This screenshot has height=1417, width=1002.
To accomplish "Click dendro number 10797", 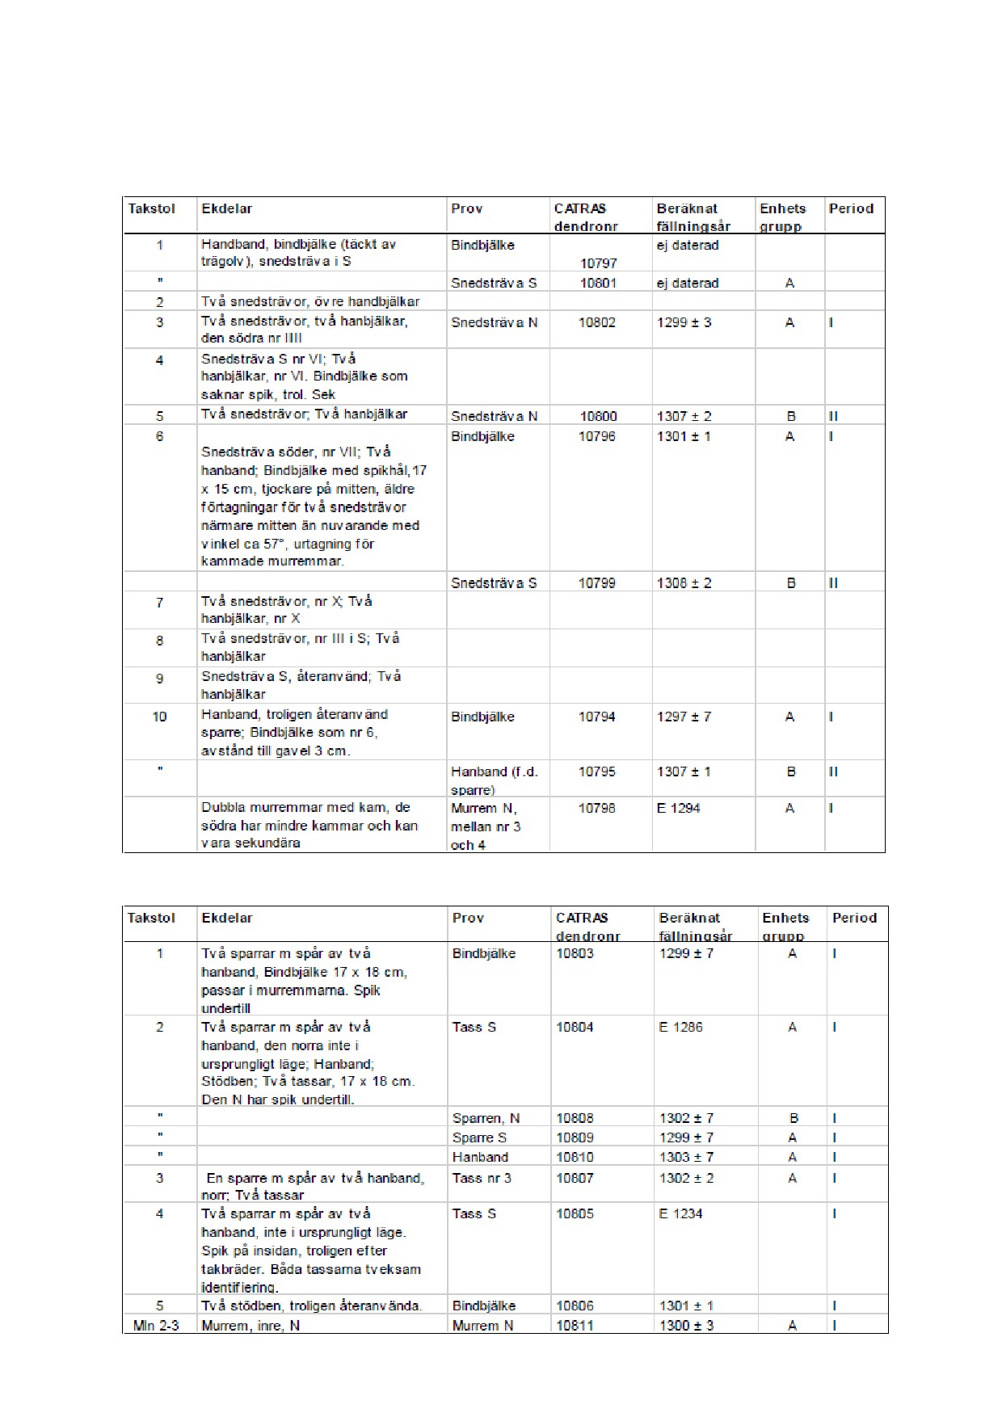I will pos(598,263).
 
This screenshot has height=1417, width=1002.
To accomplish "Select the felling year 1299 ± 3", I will pos(684,322).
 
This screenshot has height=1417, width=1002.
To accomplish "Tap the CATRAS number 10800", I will pos(598,416).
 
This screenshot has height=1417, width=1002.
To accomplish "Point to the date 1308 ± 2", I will pos(684,582).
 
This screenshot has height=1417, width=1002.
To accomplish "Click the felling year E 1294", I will pos(678,808).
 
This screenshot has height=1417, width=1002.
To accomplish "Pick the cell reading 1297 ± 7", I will pos(684,717).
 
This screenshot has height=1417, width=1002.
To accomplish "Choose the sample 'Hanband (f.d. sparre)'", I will pos(494,780).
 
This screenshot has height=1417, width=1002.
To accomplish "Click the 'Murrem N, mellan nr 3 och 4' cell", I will pos(486,826).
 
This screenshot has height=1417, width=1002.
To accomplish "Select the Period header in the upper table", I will pos(851,208).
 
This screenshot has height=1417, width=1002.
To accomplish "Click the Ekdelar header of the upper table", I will pos(227,208).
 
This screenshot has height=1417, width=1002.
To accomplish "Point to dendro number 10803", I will pos(575,953).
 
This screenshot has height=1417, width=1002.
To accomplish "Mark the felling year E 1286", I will pos(680,1027).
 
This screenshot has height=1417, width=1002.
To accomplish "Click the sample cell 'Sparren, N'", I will pos(486,1118).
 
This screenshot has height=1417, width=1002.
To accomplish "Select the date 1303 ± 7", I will pos(686,1157).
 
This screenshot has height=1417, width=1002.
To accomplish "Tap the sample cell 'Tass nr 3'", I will pos(482,1178).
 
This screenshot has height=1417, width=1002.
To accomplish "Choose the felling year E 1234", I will pos(680,1213).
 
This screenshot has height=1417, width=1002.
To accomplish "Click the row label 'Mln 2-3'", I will pos(156,1325).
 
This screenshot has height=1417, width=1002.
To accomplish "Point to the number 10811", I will pos(575,1325).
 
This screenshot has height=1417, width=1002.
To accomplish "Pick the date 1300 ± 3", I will pos(686,1325).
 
